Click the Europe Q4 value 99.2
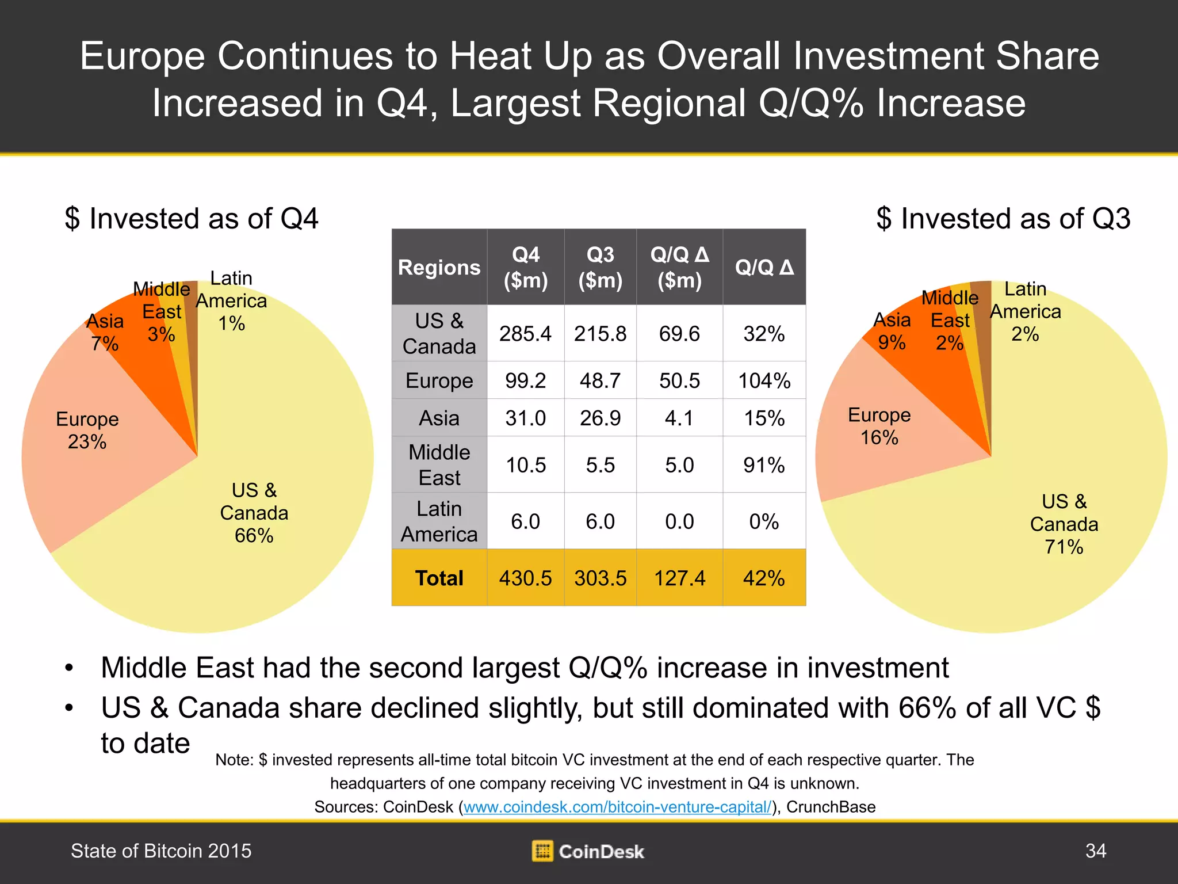pos(525,380)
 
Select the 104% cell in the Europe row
pos(764,380)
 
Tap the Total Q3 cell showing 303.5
pos(600,578)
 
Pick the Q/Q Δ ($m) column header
pos(679,267)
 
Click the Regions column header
pos(439,267)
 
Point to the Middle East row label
pos(439,465)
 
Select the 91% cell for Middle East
pos(764,465)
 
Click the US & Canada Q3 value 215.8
pos(600,334)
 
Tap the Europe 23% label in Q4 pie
pos(87,430)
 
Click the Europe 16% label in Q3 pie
pos(879,426)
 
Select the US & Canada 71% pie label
pos(1064,524)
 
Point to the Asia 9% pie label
pos(892,331)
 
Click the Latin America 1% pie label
pos(231,301)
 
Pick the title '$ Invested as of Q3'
pos(1003,219)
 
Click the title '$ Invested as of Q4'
pos(192,219)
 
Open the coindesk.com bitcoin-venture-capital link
pos(617,807)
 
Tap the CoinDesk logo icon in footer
pos(542,851)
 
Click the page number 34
pos(1095,851)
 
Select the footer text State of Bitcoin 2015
pos(161,851)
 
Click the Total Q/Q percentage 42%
pos(764,578)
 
